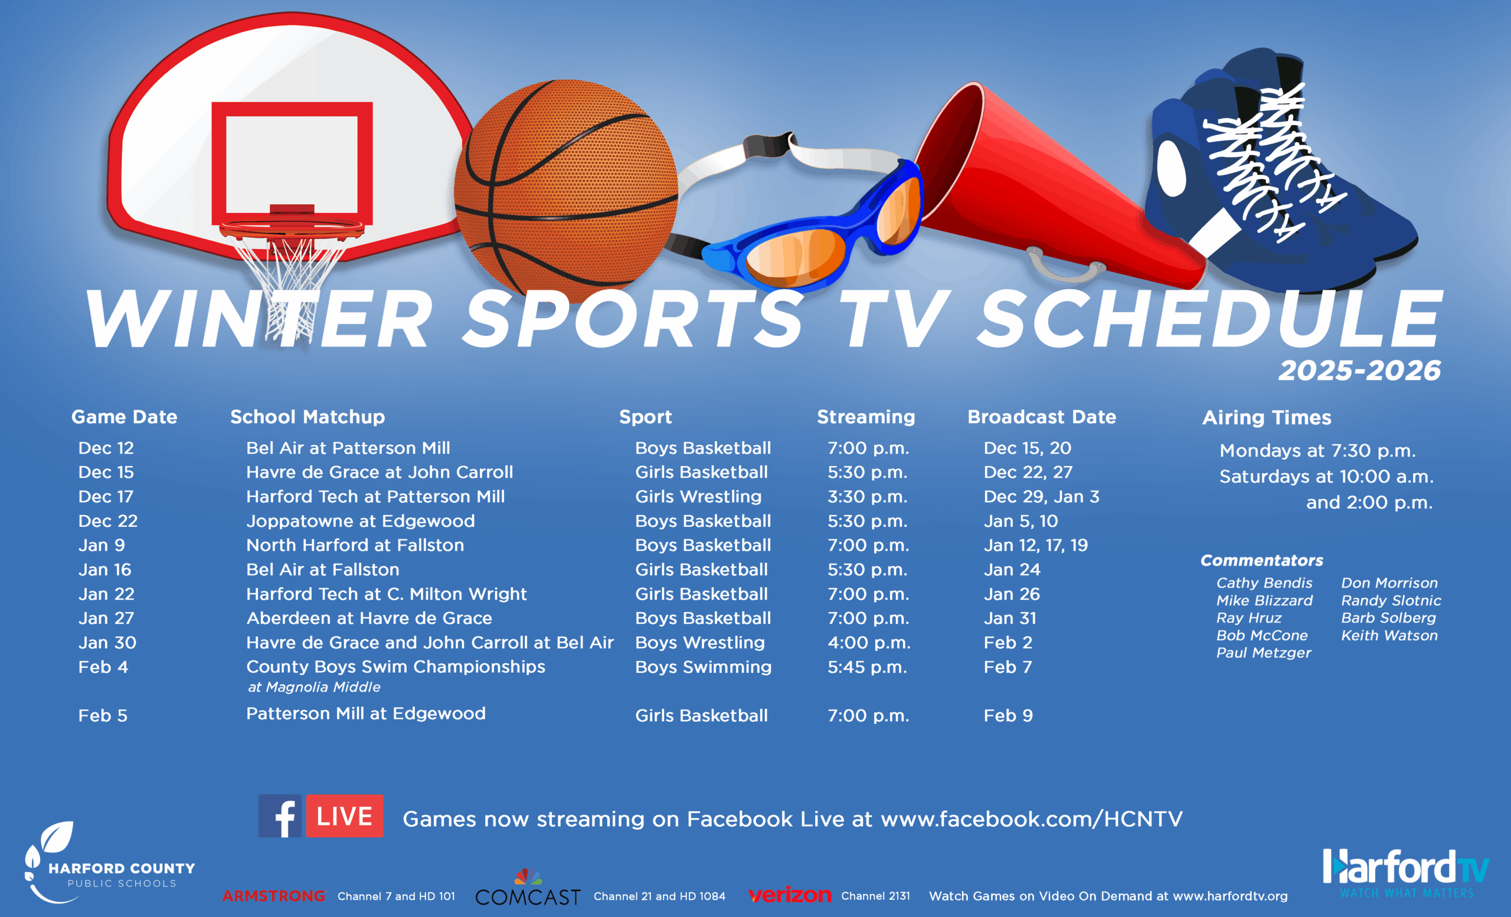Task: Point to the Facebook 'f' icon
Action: click(280, 816)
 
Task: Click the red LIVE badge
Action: click(345, 816)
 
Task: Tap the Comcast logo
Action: click(528, 888)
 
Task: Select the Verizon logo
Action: click(790, 896)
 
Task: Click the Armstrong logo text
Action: click(273, 896)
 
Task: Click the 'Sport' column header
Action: click(645, 417)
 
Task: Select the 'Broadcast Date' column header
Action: click(1042, 417)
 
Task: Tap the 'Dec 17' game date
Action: click(106, 496)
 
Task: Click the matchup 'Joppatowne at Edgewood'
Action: click(361, 521)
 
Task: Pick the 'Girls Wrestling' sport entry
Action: click(698, 496)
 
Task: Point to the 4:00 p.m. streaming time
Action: click(869, 643)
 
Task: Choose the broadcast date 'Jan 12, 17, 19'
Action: click(1036, 545)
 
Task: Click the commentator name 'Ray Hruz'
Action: click(1248, 618)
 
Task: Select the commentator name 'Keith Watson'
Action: click(1389, 635)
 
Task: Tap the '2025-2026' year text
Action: click(1359, 370)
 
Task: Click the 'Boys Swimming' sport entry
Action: click(704, 667)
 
